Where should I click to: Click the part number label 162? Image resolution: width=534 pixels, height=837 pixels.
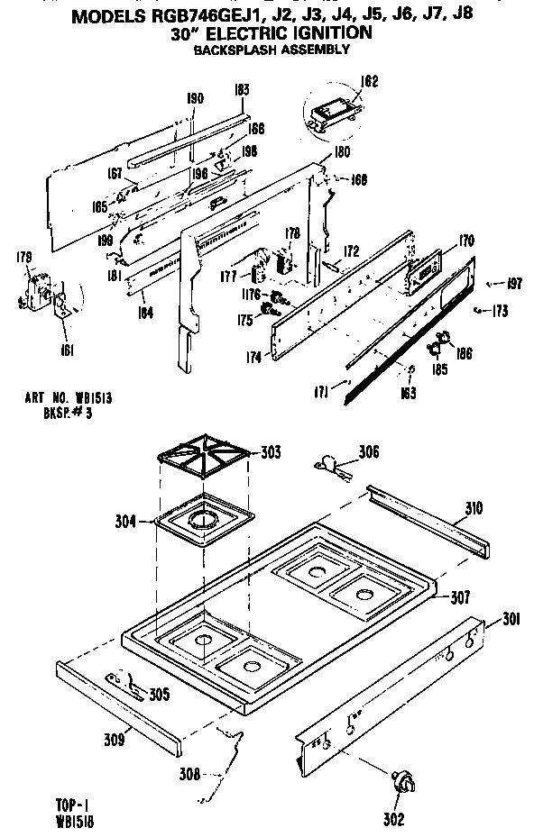(x=344, y=82)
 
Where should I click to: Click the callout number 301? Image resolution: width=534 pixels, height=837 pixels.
(x=511, y=618)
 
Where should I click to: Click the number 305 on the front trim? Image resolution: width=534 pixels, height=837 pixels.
(x=158, y=694)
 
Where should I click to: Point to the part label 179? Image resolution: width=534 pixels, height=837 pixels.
(x=24, y=259)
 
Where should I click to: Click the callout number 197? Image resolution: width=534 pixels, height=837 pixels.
(x=514, y=285)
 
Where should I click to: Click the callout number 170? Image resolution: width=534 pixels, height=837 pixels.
(x=465, y=241)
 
